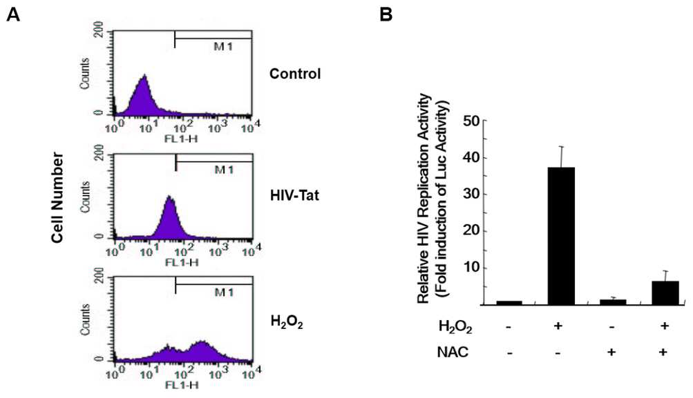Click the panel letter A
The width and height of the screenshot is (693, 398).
13,15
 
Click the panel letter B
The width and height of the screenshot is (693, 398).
386,15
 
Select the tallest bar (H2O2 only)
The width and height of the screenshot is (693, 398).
561,236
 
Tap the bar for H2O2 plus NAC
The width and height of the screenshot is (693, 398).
665,293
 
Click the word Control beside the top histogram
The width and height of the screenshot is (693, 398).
295,73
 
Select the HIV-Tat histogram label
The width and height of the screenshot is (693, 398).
294,195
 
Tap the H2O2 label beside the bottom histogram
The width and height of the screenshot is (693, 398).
287,323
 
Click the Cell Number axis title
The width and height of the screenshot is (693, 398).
57,197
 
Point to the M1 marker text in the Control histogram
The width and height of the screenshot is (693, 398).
222,46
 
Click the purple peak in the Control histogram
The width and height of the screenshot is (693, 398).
144,77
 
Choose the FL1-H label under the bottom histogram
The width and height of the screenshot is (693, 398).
182,385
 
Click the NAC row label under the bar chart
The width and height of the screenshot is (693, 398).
452,352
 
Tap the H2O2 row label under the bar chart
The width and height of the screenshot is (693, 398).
455,328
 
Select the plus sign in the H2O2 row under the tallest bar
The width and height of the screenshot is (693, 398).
558,326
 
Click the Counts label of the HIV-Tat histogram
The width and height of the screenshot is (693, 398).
84,196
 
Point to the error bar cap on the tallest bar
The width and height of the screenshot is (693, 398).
561,146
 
